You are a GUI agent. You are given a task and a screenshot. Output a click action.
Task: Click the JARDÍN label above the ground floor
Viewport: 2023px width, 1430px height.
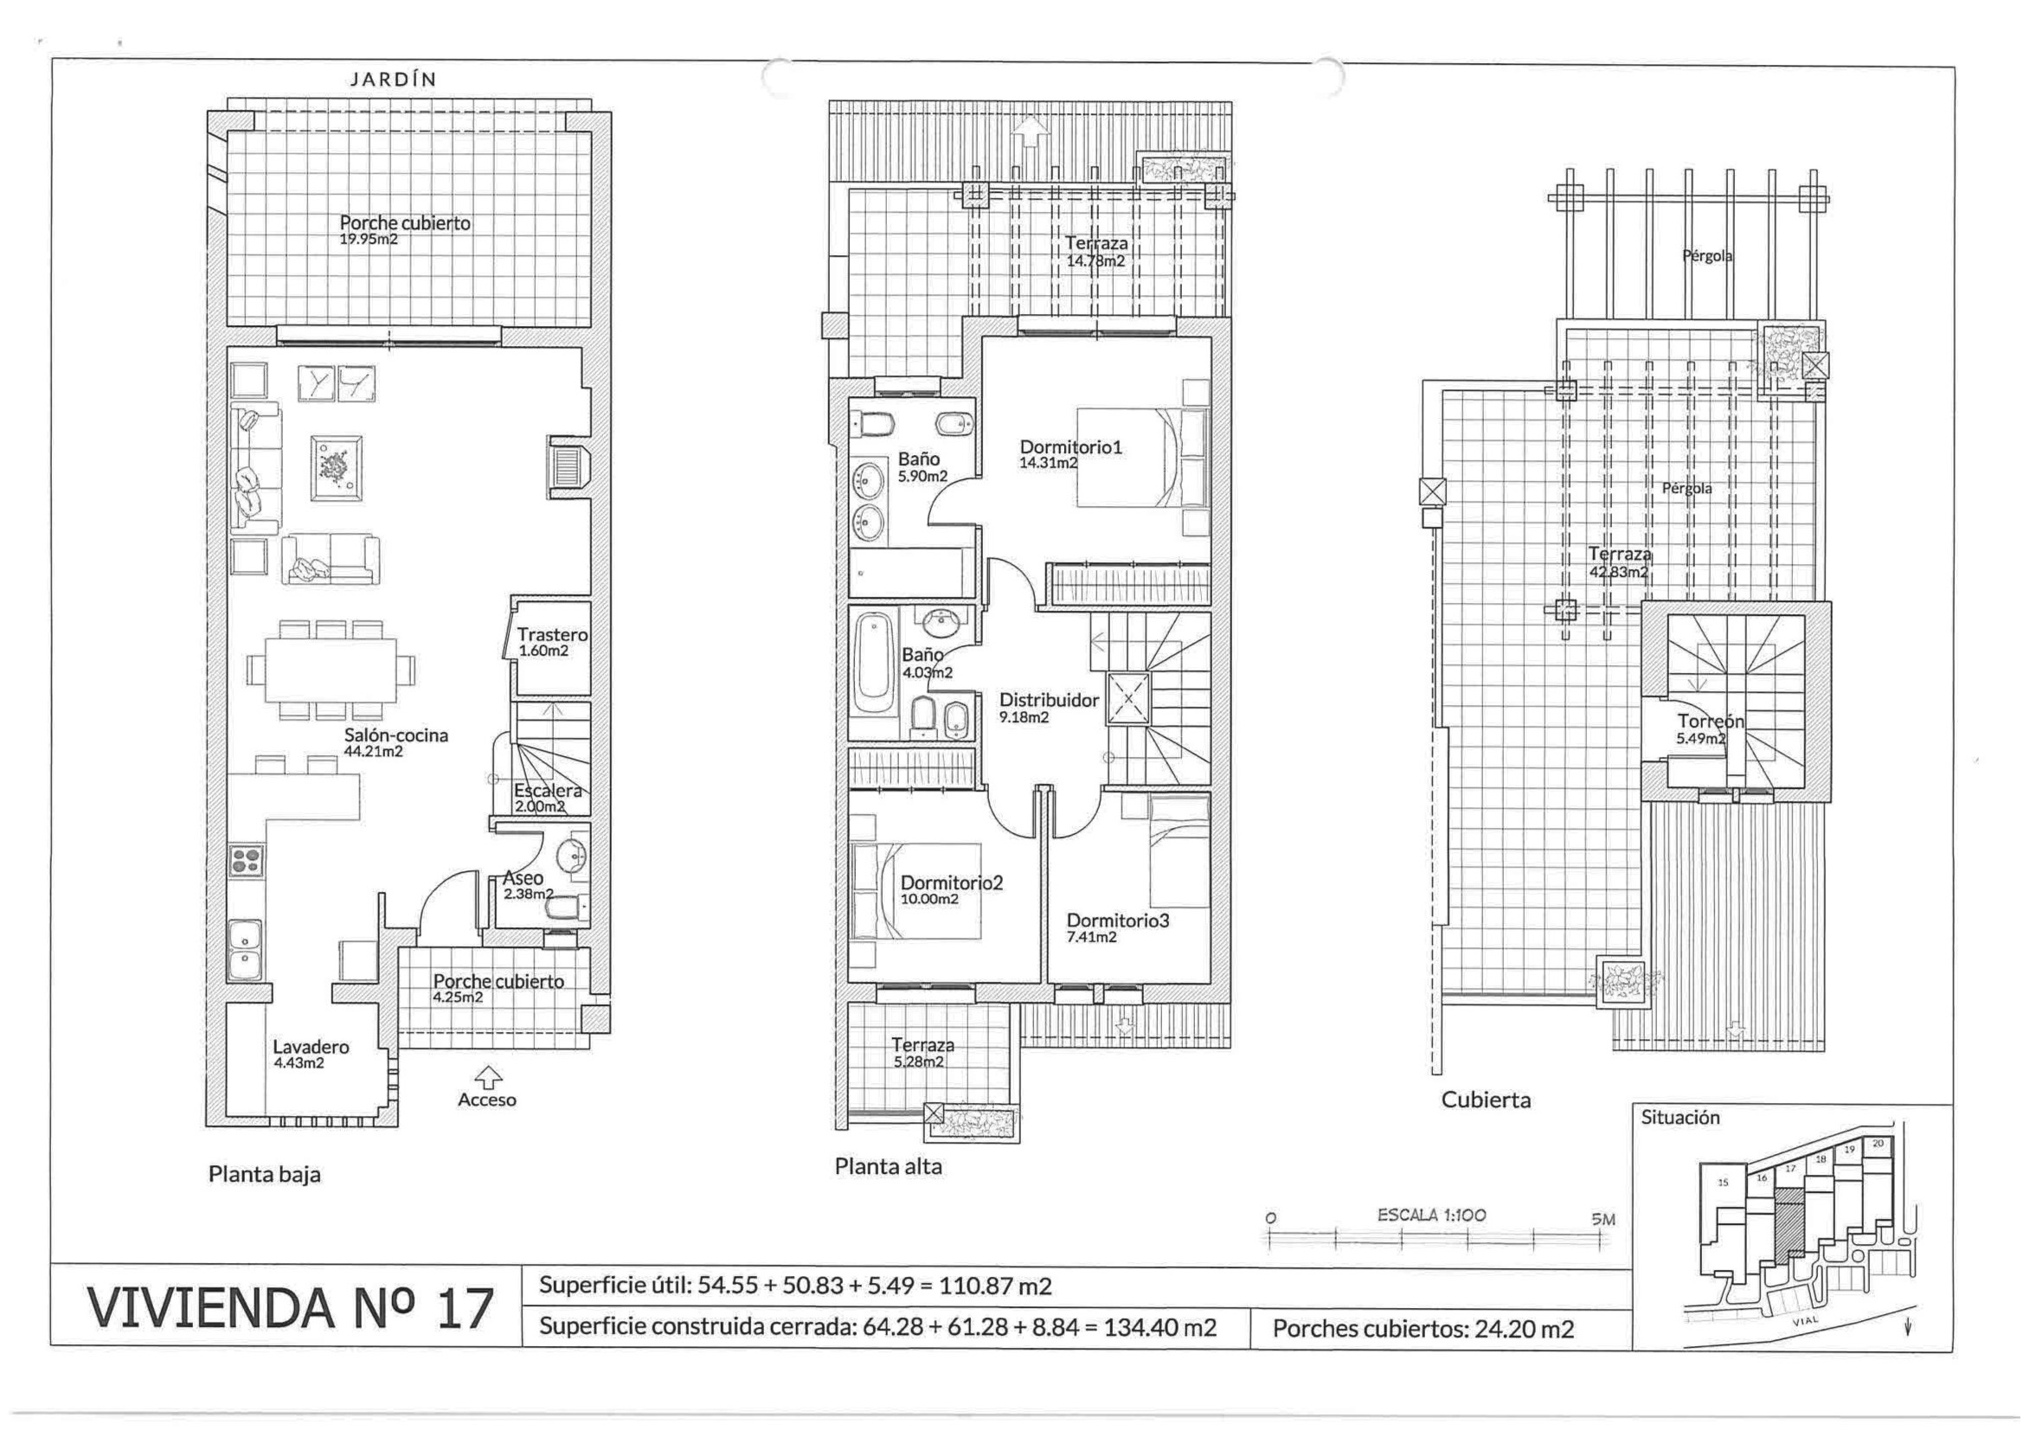[x=393, y=80]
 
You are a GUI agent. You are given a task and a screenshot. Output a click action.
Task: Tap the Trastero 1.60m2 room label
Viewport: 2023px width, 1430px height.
[x=552, y=642]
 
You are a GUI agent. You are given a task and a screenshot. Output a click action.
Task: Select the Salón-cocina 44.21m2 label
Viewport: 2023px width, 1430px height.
[x=396, y=742]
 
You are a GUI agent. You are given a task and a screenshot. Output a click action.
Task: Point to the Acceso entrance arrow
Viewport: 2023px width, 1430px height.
[x=487, y=1076]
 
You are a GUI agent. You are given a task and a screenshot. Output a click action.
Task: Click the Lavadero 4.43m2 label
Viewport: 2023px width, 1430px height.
[x=311, y=1055]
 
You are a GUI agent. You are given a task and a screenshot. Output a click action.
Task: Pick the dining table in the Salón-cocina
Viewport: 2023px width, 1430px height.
[x=327, y=669]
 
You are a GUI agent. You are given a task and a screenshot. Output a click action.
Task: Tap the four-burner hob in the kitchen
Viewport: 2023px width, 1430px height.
[x=246, y=860]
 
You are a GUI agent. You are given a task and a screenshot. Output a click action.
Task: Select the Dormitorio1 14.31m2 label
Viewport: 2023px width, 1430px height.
[x=1070, y=455]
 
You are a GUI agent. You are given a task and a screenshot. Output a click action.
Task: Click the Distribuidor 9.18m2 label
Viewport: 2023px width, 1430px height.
[x=1049, y=708]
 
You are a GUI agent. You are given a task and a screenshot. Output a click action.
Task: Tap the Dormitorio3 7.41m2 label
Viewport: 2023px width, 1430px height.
[x=1117, y=927]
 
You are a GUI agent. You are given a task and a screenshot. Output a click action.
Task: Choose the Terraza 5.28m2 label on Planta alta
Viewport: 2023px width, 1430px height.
[x=922, y=1053]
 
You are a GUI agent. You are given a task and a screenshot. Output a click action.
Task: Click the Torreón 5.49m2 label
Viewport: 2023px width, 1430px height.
[x=1709, y=729]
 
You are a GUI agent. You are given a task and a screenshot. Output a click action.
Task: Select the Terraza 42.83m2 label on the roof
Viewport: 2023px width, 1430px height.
[x=1620, y=562]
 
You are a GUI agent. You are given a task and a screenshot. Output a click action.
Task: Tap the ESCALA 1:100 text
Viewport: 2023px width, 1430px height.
[x=1432, y=1215]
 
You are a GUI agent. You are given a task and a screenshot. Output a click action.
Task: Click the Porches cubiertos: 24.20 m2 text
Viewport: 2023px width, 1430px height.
[x=1423, y=1329]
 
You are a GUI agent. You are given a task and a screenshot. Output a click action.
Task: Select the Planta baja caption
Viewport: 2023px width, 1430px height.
[x=264, y=1175]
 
